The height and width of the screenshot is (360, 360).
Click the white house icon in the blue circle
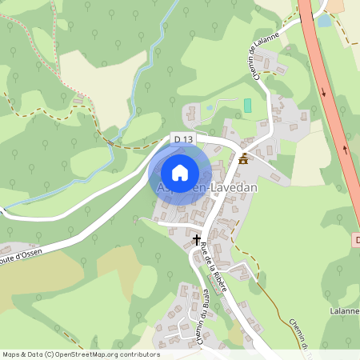click(x=180, y=172)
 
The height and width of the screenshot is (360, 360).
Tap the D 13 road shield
click(x=183, y=140)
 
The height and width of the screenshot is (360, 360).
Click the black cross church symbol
click(x=197, y=239)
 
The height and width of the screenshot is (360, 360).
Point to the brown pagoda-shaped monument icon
click(x=243, y=158)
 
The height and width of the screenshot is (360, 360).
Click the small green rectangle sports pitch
click(x=247, y=105)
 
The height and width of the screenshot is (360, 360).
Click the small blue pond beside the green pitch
click(x=210, y=106)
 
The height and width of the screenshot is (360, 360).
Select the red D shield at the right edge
click(x=356, y=239)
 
